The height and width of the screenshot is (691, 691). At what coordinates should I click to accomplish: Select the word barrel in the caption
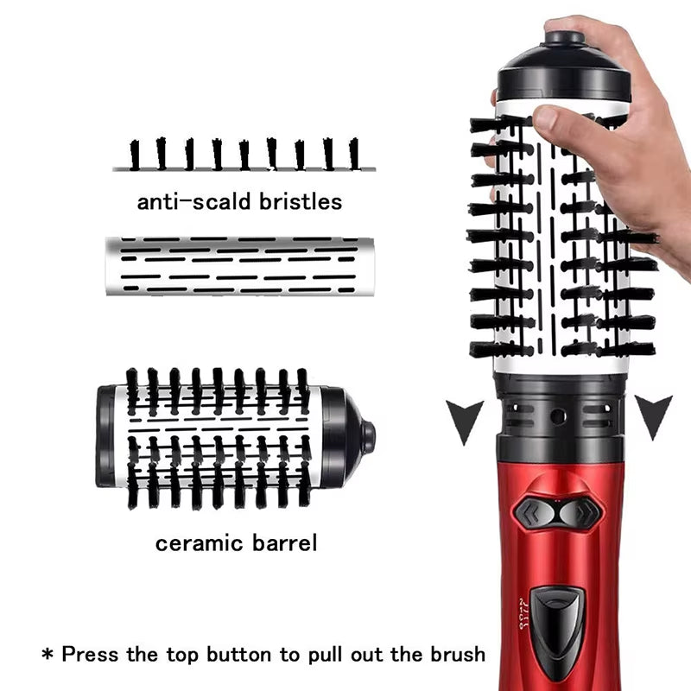point(284,543)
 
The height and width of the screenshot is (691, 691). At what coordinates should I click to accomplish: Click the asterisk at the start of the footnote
point(48,654)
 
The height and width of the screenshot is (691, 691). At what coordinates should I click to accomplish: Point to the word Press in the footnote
point(93,654)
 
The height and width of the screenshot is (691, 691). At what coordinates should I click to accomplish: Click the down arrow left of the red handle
point(464,418)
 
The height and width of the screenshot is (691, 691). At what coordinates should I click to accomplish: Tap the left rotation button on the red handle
point(536,513)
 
